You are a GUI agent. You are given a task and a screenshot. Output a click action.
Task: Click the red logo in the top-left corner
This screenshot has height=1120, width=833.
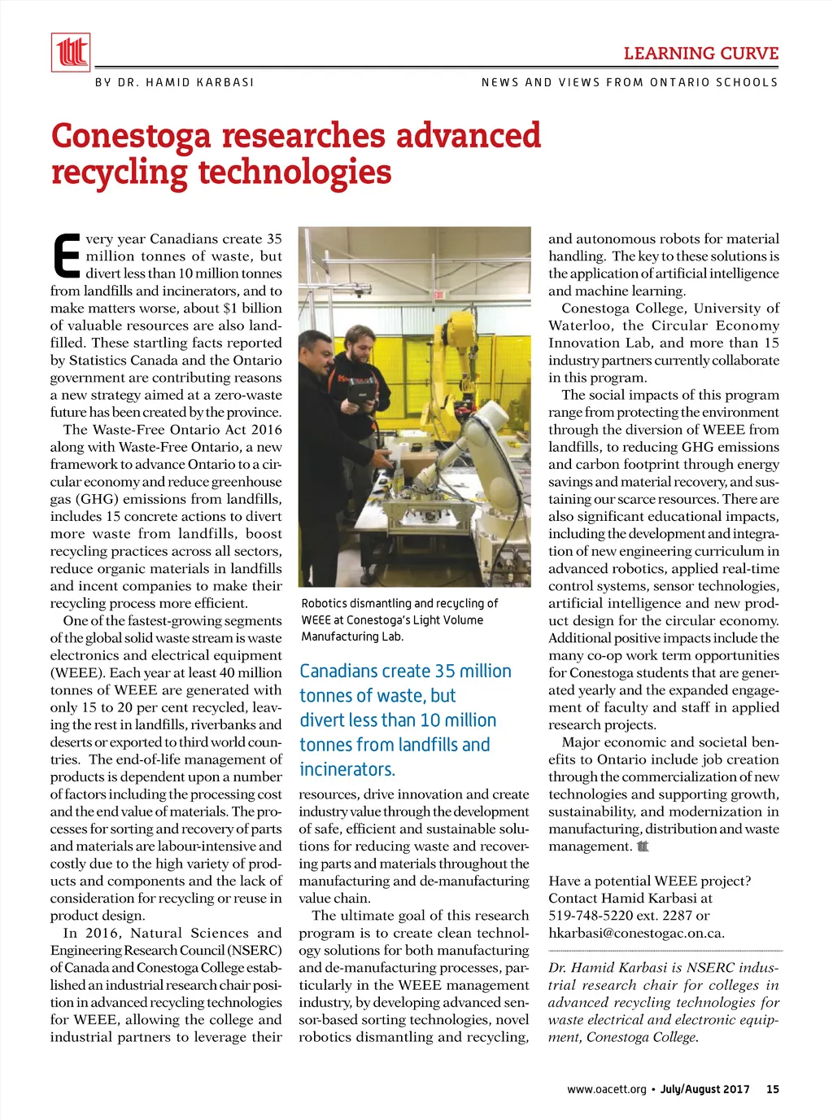[x=71, y=53]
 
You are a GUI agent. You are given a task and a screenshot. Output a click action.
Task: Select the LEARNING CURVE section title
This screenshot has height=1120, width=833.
[x=700, y=54]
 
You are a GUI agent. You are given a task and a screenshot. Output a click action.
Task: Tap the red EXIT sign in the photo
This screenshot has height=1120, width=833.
[x=438, y=295]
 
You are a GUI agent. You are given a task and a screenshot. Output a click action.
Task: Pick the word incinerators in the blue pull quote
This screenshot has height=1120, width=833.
[x=347, y=769]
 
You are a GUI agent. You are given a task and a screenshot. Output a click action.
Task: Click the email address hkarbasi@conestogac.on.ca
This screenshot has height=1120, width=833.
[x=636, y=933]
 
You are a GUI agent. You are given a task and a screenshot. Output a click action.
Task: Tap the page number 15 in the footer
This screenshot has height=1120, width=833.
[x=772, y=1089]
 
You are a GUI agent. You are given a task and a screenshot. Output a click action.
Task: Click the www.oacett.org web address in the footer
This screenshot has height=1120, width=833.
[x=606, y=1089]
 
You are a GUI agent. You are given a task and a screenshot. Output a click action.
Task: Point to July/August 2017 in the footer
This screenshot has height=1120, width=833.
[x=704, y=1089]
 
